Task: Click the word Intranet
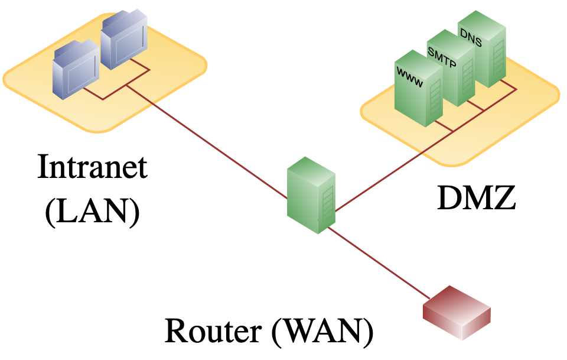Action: point(93,167)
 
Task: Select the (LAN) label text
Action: point(93,212)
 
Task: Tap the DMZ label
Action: point(477,197)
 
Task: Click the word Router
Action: point(213,330)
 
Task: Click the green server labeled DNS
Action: point(482,49)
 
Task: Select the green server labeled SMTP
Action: point(451,68)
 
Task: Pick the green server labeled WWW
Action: point(419,88)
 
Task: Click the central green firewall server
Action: point(311,196)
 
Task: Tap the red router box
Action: point(457,313)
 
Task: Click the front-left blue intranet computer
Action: point(76,70)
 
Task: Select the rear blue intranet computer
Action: point(124,39)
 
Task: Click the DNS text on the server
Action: point(471,38)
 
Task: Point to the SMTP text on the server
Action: point(442,57)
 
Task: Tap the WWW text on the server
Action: point(409,77)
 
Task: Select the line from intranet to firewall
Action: point(207,142)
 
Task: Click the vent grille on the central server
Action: point(328,204)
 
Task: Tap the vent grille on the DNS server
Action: point(498,58)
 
